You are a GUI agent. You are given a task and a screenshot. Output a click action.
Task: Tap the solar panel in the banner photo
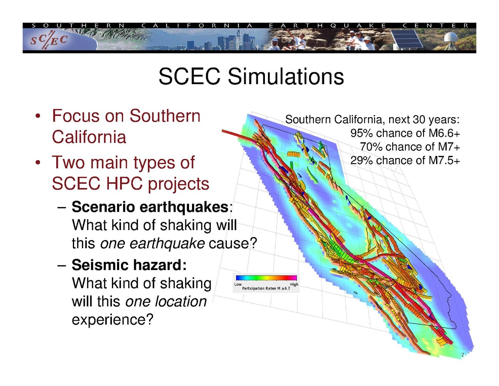pyautogui.click(x=406, y=39)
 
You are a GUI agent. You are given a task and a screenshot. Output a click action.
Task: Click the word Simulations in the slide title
pyautogui.click(x=286, y=76)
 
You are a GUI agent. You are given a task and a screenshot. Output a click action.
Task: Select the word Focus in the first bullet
pyautogui.click(x=76, y=115)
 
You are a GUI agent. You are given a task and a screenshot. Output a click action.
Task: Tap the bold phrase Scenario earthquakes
pyautogui.click(x=150, y=207)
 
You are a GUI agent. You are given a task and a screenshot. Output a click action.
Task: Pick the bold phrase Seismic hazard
pyautogui.click(x=129, y=265)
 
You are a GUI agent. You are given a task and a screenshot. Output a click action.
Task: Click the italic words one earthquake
pyautogui.click(x=153, y=243)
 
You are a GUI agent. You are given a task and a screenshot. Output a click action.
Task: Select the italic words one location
pyautogui.click(x=166, y=301)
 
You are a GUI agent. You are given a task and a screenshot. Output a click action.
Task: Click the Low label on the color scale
pyautogui.click(x=238, y=284)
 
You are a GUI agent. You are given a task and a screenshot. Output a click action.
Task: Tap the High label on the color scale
pyautogui.click(x=294, y=284)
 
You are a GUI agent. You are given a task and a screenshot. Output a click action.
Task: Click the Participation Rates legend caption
pyautogui.click(x=266, y=289)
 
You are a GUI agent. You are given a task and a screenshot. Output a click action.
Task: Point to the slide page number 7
pyautogui.click(x=463, y=355)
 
